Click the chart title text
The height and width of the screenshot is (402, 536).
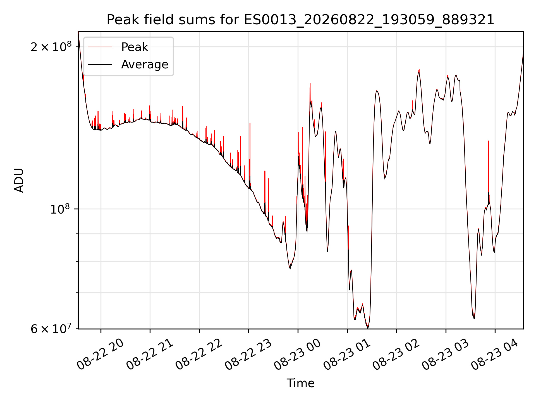(300, 20)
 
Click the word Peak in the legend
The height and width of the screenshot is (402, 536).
(135, 47)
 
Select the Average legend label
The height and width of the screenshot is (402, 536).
(145, 64)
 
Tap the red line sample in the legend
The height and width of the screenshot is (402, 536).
(100, 47)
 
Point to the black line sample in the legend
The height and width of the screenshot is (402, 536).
(100, 64)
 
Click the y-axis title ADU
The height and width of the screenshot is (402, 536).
(19, 180)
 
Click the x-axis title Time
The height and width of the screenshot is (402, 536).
(300, 383)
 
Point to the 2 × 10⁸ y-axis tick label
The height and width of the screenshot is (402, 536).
(51, 47)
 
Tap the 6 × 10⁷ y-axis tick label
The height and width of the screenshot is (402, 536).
(51, 329)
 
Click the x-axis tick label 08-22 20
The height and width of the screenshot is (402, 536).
(100, 355)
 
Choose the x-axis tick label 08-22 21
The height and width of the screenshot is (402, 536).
(150, 355)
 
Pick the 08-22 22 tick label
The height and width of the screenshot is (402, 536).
(199, 355)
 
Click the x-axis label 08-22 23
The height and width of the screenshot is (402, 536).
(248, 355)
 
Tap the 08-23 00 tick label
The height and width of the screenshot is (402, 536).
(298, 355)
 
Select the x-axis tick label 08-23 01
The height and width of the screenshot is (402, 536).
(347, 355)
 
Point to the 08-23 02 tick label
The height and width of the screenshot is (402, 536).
(396, 355)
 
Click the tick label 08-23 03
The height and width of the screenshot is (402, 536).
(446, 355)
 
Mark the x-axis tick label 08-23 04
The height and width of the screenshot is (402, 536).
(495, 355)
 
